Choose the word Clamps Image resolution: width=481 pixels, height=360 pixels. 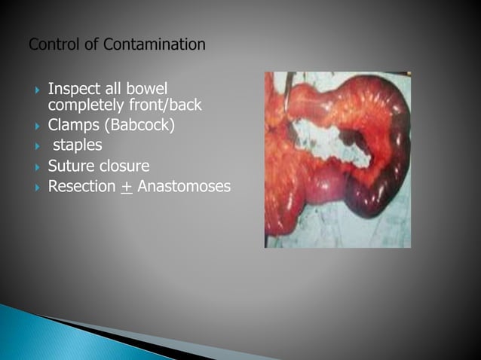73,124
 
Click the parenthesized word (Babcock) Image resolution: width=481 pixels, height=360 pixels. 139,124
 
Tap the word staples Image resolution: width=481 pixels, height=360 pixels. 76,145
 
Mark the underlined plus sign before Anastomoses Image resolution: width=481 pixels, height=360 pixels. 126,186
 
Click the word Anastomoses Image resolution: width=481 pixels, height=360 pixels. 184,186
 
